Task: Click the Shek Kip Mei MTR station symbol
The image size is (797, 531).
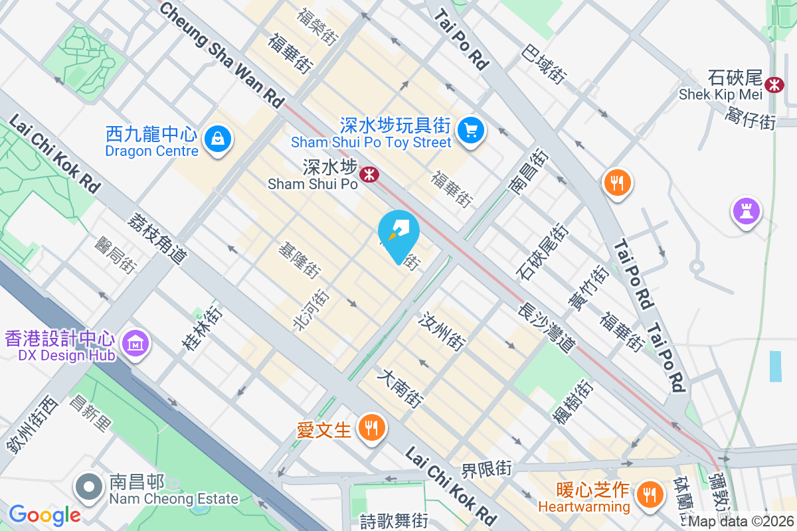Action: [773, 84]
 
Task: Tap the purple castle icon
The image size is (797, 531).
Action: [746, 212]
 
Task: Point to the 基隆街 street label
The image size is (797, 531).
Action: [300, 260]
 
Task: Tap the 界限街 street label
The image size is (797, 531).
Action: [487, 469]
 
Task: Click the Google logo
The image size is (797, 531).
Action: [44, 514]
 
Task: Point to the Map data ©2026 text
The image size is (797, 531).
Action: [741, 522]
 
